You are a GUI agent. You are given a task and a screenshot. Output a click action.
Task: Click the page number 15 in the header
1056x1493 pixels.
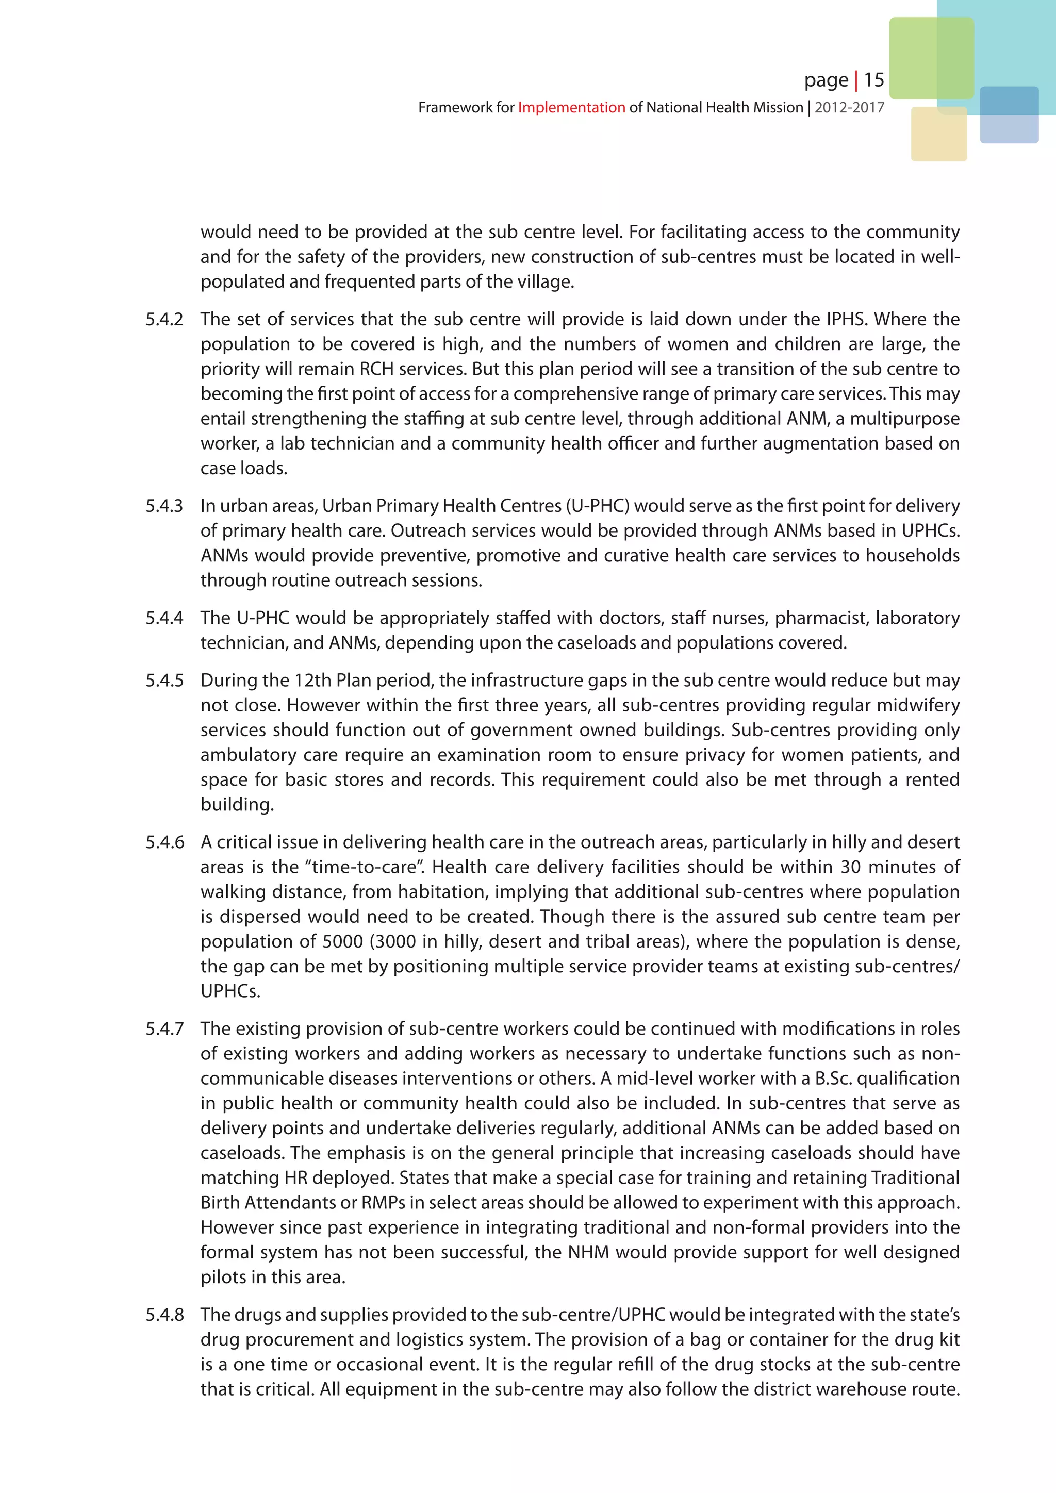point(874,80)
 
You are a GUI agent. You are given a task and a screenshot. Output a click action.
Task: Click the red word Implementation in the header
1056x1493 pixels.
point(571,108)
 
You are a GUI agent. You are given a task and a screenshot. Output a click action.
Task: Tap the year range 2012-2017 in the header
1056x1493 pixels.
point(849,108)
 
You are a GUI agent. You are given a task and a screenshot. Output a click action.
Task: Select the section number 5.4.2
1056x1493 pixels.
point(164,319)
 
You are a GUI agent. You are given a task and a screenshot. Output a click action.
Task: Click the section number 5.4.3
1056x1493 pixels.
point(164,506)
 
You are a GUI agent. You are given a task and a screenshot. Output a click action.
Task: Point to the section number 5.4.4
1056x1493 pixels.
point(164,618)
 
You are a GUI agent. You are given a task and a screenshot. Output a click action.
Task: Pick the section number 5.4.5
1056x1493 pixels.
point(164,680)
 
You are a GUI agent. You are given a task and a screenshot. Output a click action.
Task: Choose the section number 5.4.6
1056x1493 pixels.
point(164,842)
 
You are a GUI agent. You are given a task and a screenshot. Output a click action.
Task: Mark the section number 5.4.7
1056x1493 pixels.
point(164,1028)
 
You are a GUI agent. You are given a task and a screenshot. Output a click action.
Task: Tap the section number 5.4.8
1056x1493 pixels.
point(164,1315)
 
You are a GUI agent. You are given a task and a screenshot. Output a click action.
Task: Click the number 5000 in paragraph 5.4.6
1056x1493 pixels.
point(343,941)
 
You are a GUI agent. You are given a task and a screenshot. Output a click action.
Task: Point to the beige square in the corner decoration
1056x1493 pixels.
point(938,135)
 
